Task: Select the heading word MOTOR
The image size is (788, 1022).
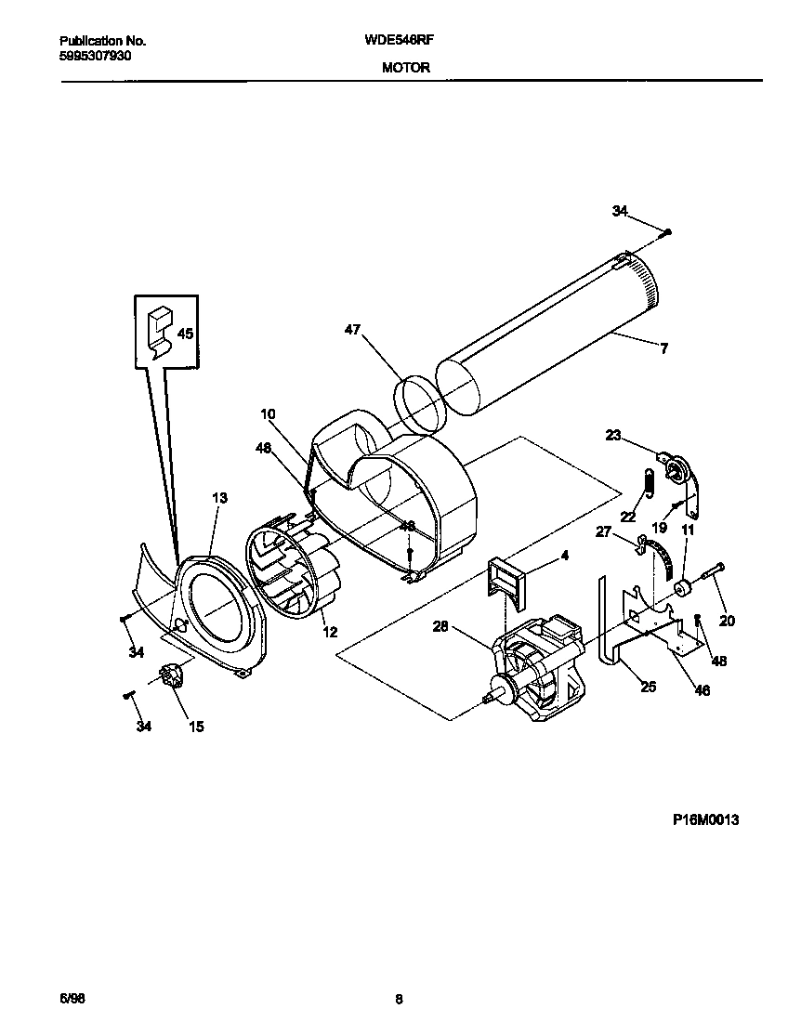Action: click(x=405, y=68)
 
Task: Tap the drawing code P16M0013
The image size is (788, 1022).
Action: click(x=706, y=820)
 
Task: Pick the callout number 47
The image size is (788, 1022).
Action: click(x=352, y=330)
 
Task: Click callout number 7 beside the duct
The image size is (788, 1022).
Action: click(x=663, y=349)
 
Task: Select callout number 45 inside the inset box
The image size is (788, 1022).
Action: click(x=186, y=334)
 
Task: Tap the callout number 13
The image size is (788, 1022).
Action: click(x=219, y=498)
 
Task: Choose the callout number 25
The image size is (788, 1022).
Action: click(x=649, y=687)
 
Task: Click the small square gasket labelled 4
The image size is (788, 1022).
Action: click(x=506, y=578)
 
